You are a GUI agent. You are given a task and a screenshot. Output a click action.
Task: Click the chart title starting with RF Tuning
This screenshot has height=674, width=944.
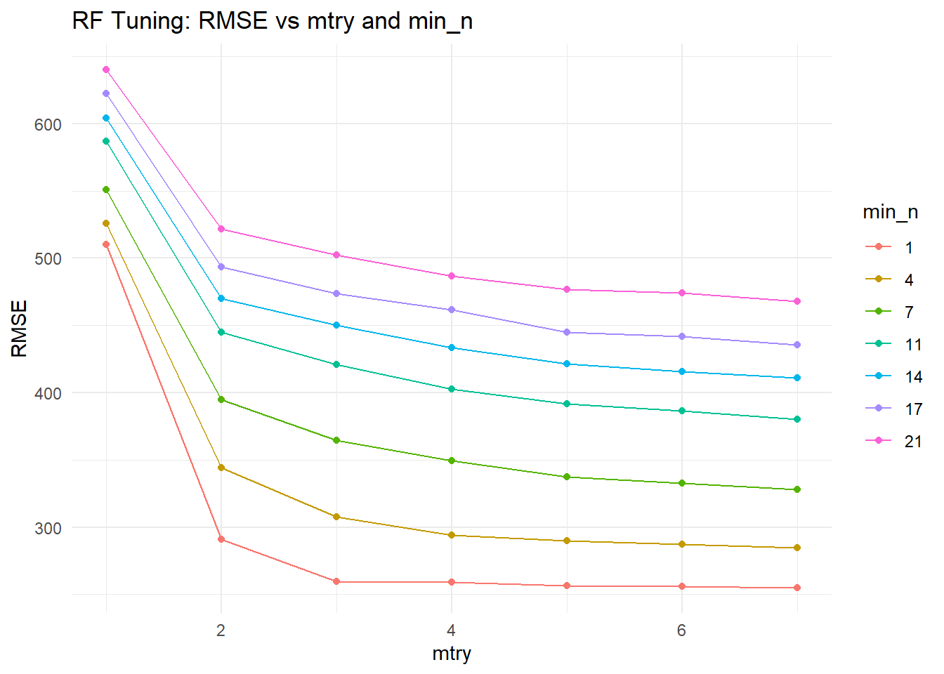tap(272, 21)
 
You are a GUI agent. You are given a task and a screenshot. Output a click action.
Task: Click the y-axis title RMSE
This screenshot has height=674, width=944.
tap(20, 329)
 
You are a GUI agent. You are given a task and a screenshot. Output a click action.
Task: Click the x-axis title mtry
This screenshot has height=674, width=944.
tap(451, 654)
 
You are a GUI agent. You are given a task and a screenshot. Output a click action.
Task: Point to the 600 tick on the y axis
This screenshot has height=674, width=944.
tap(48, 124)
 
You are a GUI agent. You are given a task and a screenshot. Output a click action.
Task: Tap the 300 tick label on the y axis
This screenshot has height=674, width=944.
tap(48, 528)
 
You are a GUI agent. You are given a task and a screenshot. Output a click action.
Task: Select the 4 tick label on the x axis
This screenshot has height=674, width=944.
tap(451, 630)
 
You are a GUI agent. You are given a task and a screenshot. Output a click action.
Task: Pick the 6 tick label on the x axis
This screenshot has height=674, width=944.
tap(681, 630)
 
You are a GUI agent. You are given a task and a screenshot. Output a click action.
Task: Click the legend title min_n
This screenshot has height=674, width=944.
tap(890, 212)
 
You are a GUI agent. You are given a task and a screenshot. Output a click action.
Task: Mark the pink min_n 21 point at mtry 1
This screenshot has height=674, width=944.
tap(106, 70)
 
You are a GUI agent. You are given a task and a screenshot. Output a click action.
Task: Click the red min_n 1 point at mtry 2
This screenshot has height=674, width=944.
tap(221, 539)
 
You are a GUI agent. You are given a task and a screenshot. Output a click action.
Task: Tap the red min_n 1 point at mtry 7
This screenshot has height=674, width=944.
tap(797, 588)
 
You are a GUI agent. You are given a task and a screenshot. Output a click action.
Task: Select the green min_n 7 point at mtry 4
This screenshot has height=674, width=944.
tap(452, 461)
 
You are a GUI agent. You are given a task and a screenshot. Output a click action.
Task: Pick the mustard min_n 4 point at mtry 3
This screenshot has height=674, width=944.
tap(336, 517)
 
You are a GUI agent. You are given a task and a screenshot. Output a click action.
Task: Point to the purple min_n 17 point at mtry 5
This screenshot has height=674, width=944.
tap(567, 332)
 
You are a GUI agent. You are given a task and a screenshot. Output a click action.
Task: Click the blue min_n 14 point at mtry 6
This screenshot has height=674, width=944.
tap(682, 371)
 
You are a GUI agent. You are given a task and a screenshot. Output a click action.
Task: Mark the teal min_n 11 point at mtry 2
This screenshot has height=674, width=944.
tap(221, 332)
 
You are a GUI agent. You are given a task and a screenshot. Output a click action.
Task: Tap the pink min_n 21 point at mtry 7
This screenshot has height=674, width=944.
tap(797, 301)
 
